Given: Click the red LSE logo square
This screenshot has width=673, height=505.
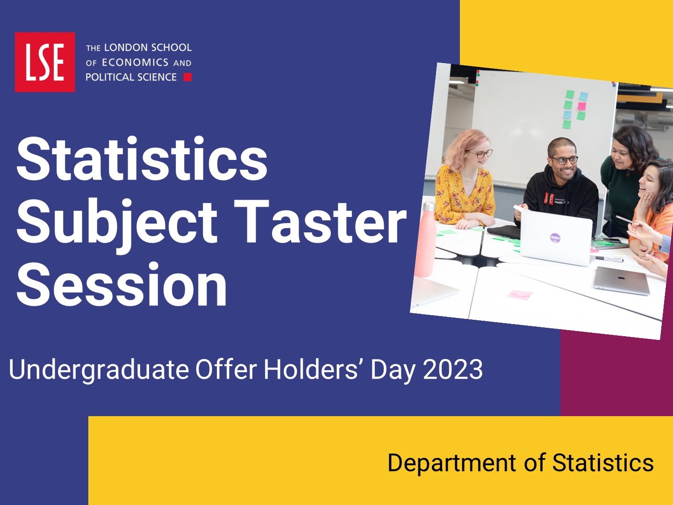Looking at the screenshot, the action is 45,62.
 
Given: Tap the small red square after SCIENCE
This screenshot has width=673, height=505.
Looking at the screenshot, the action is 187,77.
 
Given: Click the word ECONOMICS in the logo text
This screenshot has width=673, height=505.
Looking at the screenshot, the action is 135,63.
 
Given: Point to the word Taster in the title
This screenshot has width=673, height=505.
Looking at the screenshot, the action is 320,221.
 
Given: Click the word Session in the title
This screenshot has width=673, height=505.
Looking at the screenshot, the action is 122,285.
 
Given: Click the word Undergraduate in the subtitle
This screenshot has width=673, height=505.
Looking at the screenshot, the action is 99,370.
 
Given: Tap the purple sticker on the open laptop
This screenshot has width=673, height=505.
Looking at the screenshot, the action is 555,238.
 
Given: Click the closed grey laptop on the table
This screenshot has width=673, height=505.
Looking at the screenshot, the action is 622,281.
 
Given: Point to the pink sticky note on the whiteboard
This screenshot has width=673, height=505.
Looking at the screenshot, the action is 582,107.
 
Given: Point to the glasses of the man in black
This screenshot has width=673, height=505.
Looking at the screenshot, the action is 565,160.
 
